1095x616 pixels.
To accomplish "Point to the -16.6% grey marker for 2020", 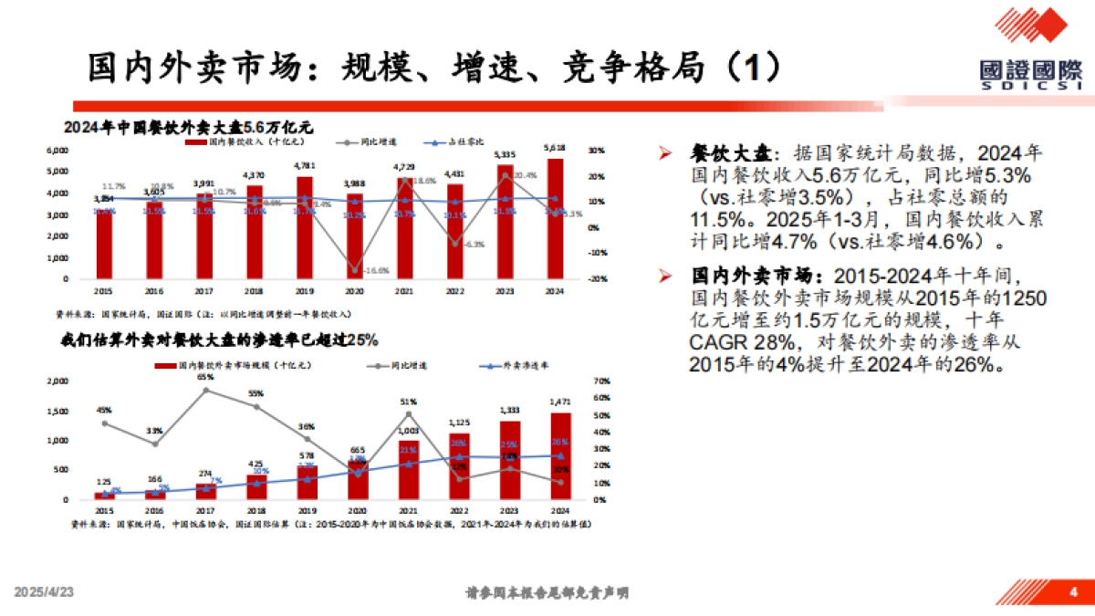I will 354,270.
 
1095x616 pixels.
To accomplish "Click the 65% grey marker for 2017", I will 205,390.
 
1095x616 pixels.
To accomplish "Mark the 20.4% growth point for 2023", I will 504,175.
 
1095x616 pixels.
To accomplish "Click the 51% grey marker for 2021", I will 408,414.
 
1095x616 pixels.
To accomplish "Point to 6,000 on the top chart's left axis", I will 57,150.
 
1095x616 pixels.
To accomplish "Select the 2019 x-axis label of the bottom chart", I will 307,512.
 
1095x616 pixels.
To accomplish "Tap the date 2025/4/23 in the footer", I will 43,593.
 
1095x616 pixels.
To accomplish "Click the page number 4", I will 1073,592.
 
